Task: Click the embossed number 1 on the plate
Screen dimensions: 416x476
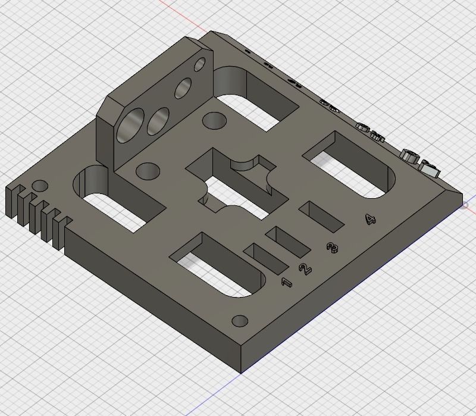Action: [287, 282]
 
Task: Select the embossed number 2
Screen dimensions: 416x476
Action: [305, 269]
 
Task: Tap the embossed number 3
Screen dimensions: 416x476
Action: [333, 247]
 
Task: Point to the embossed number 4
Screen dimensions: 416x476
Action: [371, 220]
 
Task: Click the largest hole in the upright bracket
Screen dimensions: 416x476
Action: [130, 126]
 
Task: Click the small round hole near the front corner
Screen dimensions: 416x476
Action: [240, 321]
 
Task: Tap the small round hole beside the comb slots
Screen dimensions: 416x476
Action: [40, 186]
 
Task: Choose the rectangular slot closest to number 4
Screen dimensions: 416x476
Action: [321, 215]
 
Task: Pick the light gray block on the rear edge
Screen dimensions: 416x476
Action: [430, 167]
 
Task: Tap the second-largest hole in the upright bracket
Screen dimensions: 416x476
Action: [158, 120]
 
